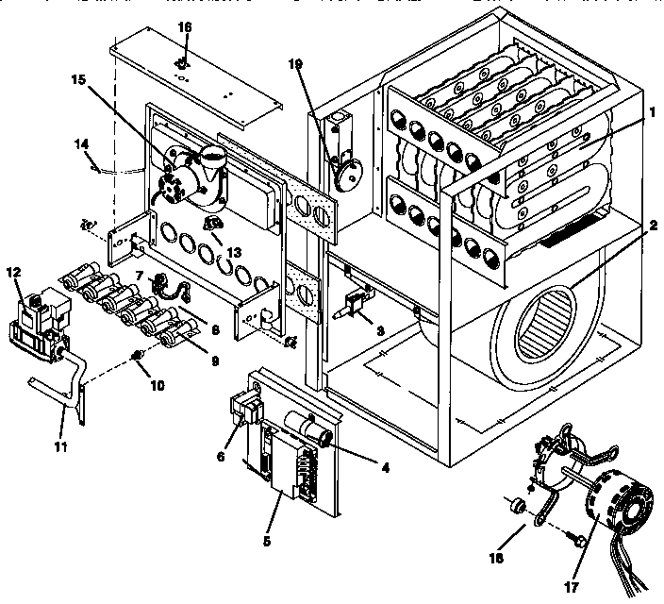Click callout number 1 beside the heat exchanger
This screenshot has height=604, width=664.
point(652,110)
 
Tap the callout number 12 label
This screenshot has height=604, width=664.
point(12,273)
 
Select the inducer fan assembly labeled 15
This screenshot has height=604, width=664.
point(193,175)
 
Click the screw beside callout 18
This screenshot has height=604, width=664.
point(576,540)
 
